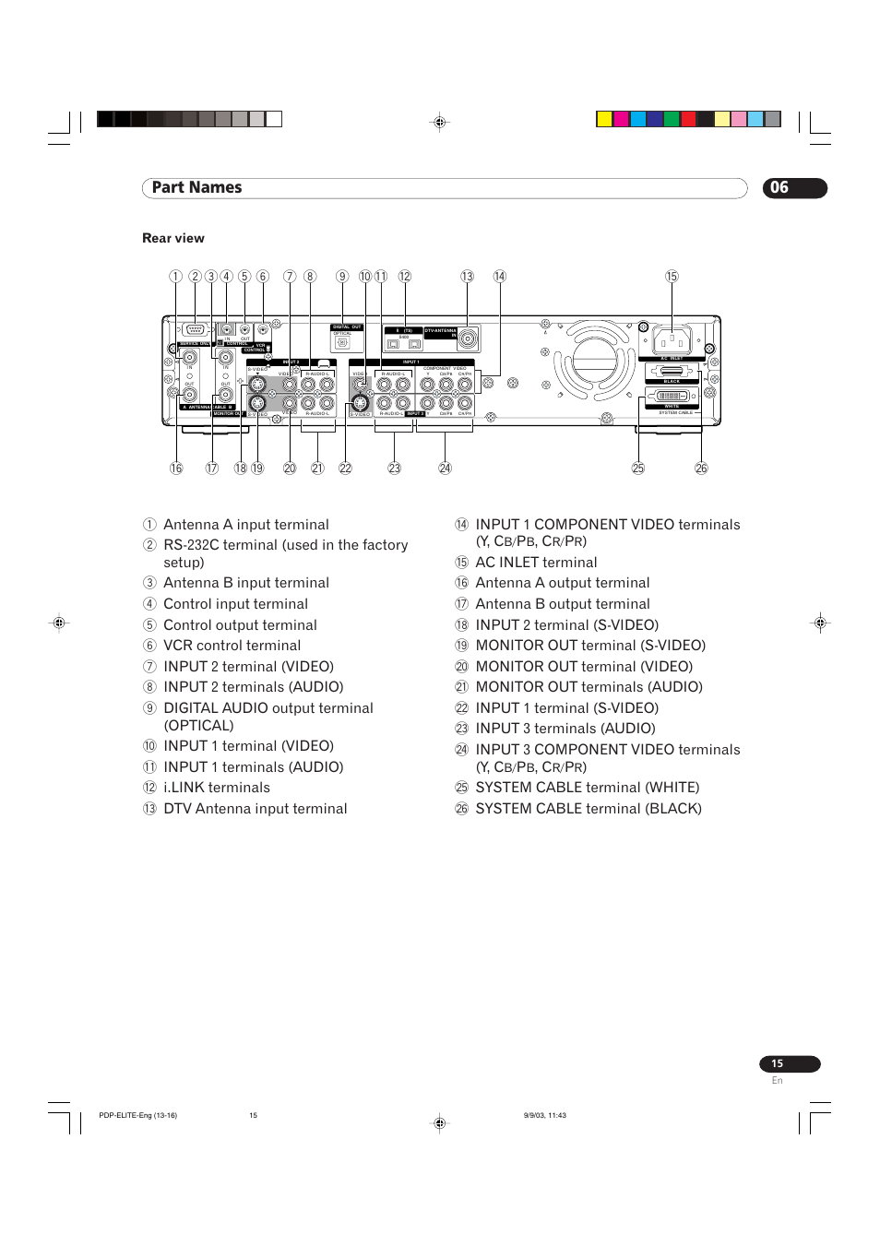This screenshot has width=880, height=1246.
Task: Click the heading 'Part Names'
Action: tap(196, 188)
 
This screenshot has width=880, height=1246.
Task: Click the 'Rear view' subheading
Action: tap(173, 238)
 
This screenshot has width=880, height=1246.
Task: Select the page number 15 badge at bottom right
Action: tap(789, 1063)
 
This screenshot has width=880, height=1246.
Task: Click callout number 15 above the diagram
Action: tap(672, 277)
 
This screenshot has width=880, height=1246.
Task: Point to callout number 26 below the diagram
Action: tap(701, 469)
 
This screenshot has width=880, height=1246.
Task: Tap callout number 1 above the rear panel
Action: tap(175, 277)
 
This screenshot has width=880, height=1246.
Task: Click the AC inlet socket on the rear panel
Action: tap(672, 341)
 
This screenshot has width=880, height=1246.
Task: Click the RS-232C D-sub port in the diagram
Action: tap(195, 330)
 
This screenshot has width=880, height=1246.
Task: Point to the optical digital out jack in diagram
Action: tap(342, 342)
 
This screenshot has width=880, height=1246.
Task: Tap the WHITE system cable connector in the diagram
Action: tap(671, 396)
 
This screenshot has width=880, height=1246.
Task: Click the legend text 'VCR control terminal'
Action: tap(232, 646)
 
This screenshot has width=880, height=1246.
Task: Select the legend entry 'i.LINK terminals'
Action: tap(217, 788)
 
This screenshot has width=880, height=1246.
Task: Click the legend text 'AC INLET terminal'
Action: tap(536, 563)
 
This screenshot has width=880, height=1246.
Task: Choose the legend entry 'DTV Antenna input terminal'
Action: tap(255, 809)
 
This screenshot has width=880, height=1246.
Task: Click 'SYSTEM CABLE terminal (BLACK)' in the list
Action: tap(588, 809)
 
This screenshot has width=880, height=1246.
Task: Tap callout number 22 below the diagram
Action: tap(345, 469)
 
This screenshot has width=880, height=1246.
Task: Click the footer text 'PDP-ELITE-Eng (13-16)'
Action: tap(137, 1115)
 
